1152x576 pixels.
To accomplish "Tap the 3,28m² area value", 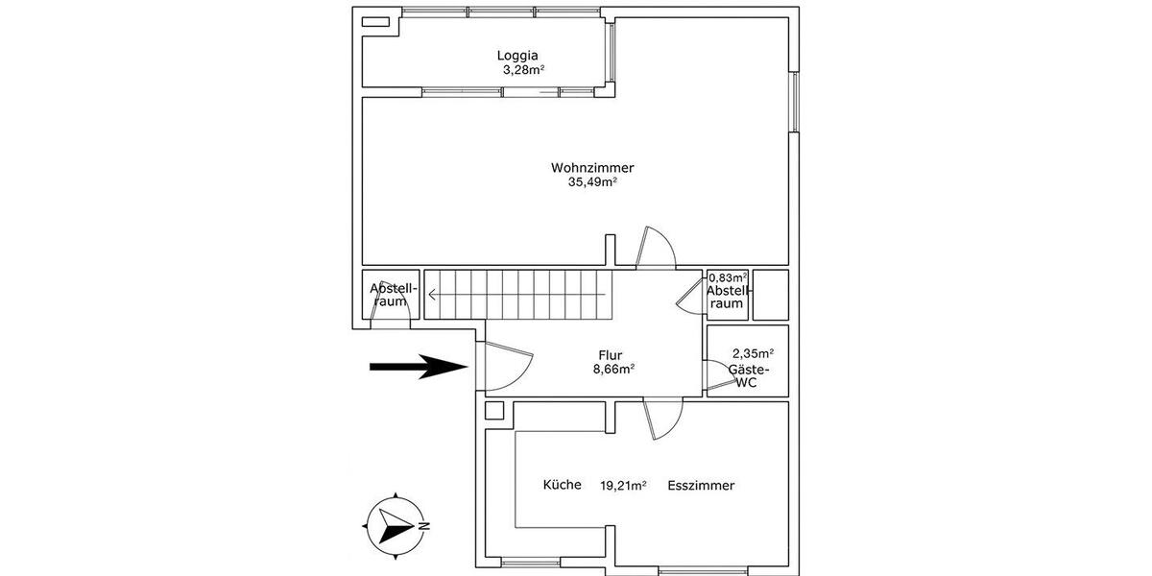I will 523,70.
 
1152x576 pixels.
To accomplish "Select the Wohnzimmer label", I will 592,167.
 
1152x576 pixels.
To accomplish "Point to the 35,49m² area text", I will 592,182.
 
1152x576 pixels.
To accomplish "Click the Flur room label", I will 610,354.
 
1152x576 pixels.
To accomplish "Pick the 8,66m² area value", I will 613,369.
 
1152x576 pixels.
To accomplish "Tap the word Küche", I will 562,485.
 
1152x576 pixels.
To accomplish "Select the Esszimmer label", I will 701,485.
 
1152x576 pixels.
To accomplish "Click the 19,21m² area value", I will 623,486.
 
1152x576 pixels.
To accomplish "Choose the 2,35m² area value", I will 753,352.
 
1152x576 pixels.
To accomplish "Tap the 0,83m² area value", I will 728,276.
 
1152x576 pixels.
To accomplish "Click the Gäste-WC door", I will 715,374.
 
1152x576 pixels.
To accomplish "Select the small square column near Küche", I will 494,411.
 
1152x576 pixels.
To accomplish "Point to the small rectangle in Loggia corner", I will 376,21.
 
